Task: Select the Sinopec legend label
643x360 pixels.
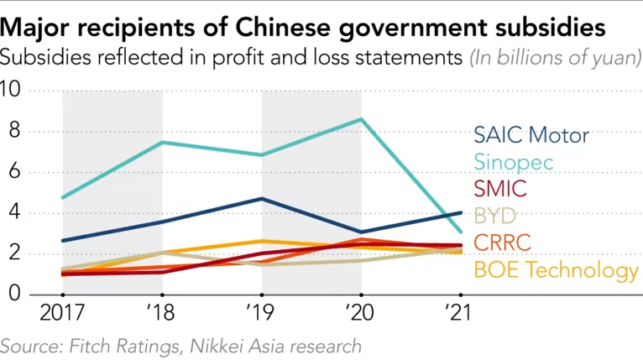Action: pyautogui.click(x=514, y=162)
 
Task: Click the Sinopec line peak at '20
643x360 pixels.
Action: pyautogui.click(x=361, y=119)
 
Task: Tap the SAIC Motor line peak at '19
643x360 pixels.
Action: pyautogui.click(x=262, y=199)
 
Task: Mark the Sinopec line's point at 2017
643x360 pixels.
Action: pyautogui.click(x=64, y=197)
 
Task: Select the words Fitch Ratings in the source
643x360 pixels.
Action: pyautogui.click(x=124, y=346)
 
